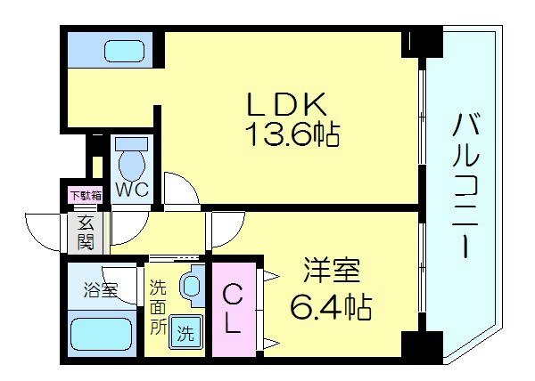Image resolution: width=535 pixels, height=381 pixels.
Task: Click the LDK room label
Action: tap(284, 104)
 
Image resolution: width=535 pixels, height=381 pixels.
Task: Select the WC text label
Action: tap(135, 190)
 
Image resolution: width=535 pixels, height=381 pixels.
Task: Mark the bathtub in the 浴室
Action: tap(100, 336)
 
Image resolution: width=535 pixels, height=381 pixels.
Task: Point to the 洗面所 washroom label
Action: tap(157, 307)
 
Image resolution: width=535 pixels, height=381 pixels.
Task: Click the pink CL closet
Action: tap(231, 308)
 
